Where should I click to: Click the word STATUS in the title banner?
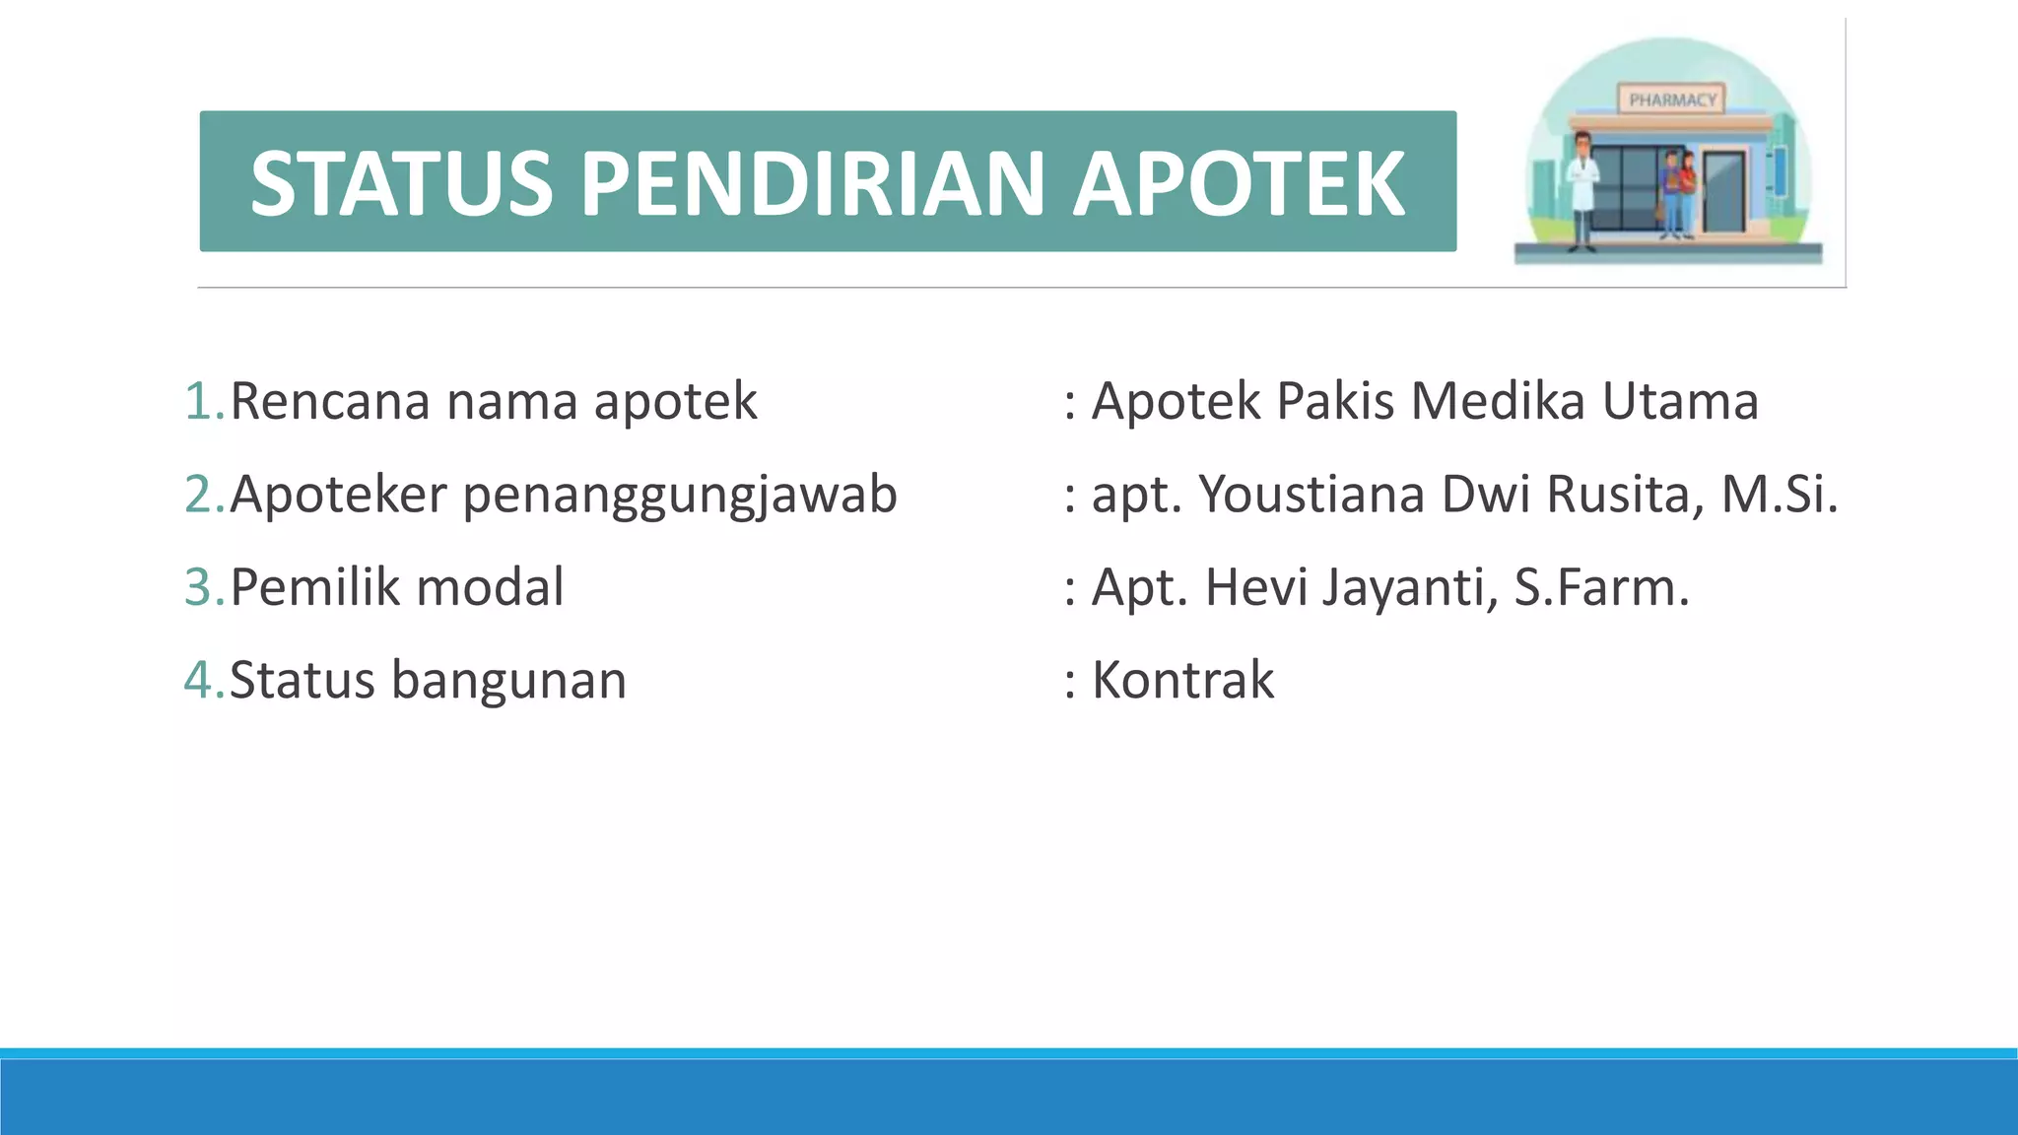click(401, 183)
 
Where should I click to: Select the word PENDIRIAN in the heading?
click(812, 183)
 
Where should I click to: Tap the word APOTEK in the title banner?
click(1239, 183)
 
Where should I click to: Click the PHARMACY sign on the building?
click(1672, 100)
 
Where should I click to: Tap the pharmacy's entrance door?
click(1724, 192)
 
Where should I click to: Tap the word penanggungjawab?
click(680, 496)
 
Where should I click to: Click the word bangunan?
click(508, 681)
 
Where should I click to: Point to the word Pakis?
click(1335, 402)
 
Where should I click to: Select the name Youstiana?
click(1312, 495)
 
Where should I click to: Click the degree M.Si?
click(1780, 495)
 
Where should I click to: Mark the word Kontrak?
click(1182, 681)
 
